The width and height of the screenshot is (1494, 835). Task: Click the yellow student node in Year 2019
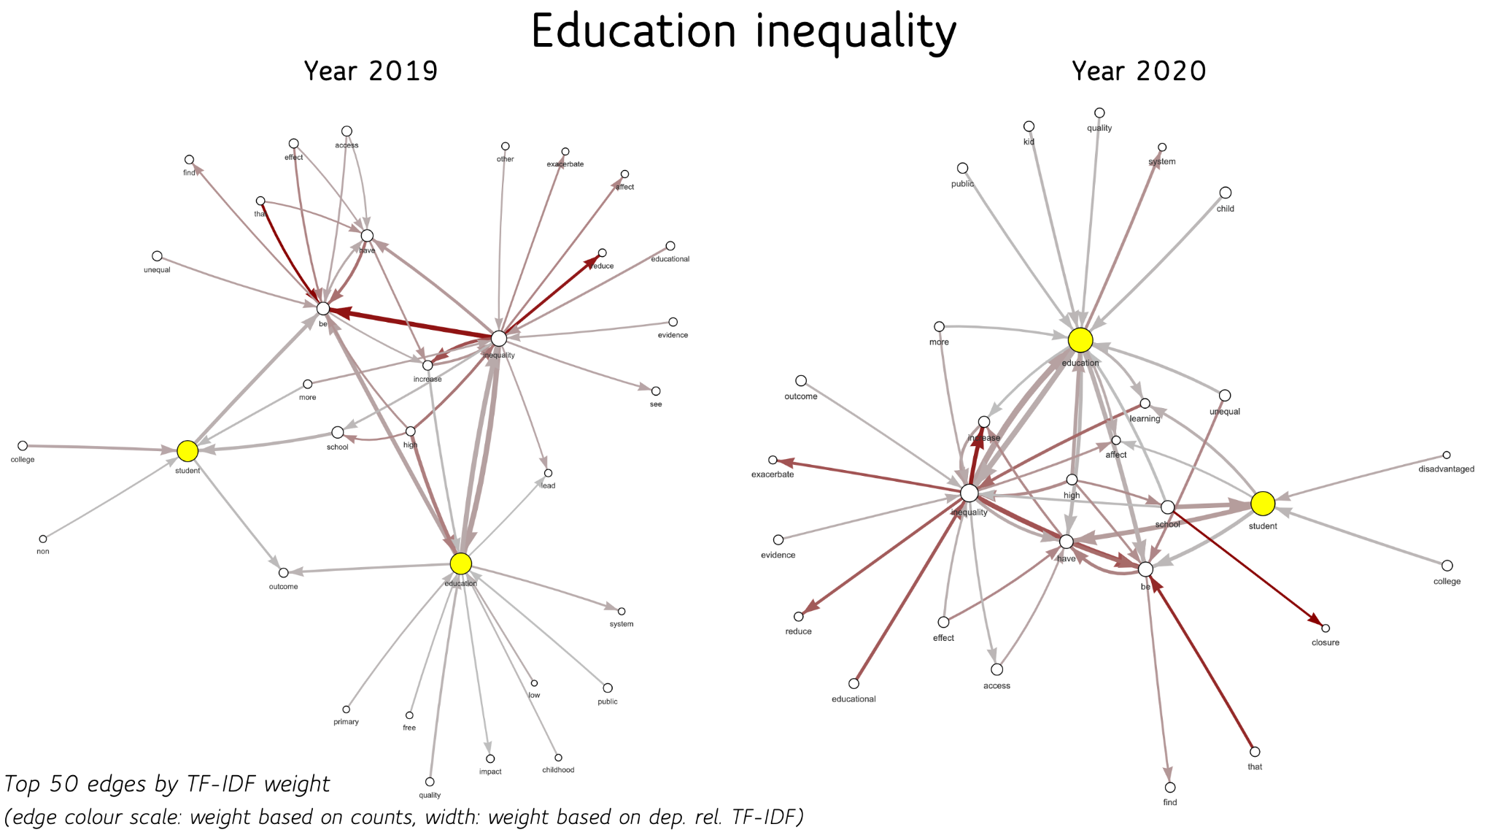(187, 451)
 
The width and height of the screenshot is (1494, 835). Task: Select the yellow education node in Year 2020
(1080, 340)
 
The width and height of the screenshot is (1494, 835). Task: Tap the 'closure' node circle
(1325, 628)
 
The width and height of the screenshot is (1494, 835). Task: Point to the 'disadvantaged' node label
(1446, 469)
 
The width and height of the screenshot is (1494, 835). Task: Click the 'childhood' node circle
(558, 758)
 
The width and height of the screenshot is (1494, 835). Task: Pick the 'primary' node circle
(347, 709)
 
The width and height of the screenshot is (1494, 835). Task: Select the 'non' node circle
(43, 539)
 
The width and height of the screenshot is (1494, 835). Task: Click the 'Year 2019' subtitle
(371, 72)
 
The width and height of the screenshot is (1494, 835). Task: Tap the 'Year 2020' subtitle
(1139, 72)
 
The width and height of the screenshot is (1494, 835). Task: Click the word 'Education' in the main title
(633, 32)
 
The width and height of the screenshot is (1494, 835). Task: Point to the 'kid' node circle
(1029, 126)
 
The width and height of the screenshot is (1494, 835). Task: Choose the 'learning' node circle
(1145, 404)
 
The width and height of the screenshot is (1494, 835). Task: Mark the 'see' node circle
(656, 391)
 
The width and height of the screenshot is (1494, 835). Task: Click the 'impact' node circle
(490, 759)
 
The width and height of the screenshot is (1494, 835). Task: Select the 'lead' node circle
(548, 473)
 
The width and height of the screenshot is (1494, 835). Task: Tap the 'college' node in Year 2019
(23, 446)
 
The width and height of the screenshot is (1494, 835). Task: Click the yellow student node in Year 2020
(1263, 503)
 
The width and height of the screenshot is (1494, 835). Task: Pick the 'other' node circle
(505, 147)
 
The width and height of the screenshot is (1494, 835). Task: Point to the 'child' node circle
(1226, 193)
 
